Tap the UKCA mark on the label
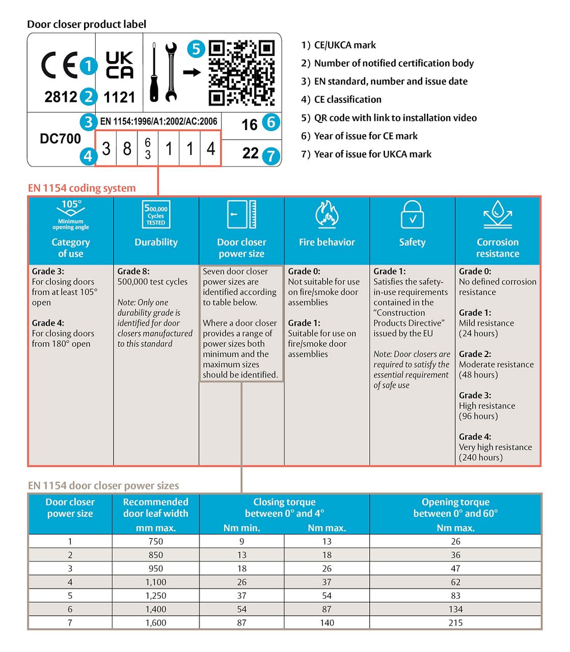pos(120,65)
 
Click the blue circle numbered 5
pos(196,49)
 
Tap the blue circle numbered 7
pos(271,155)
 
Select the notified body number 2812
pos(61,97)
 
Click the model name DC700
pos(61,139)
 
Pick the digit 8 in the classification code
pos(127,149)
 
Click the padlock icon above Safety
pos(412,214)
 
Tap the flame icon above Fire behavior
pos(327,214)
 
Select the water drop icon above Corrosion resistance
pos(497,214)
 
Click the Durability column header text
pos(156,242)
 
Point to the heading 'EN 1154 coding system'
pos(82,188)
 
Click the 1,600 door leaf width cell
pos(155,622)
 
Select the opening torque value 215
pos(455,622)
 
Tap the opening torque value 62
pos(455,582)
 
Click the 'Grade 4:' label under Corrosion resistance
pos(475,437)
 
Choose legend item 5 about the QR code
pos(389,118)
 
